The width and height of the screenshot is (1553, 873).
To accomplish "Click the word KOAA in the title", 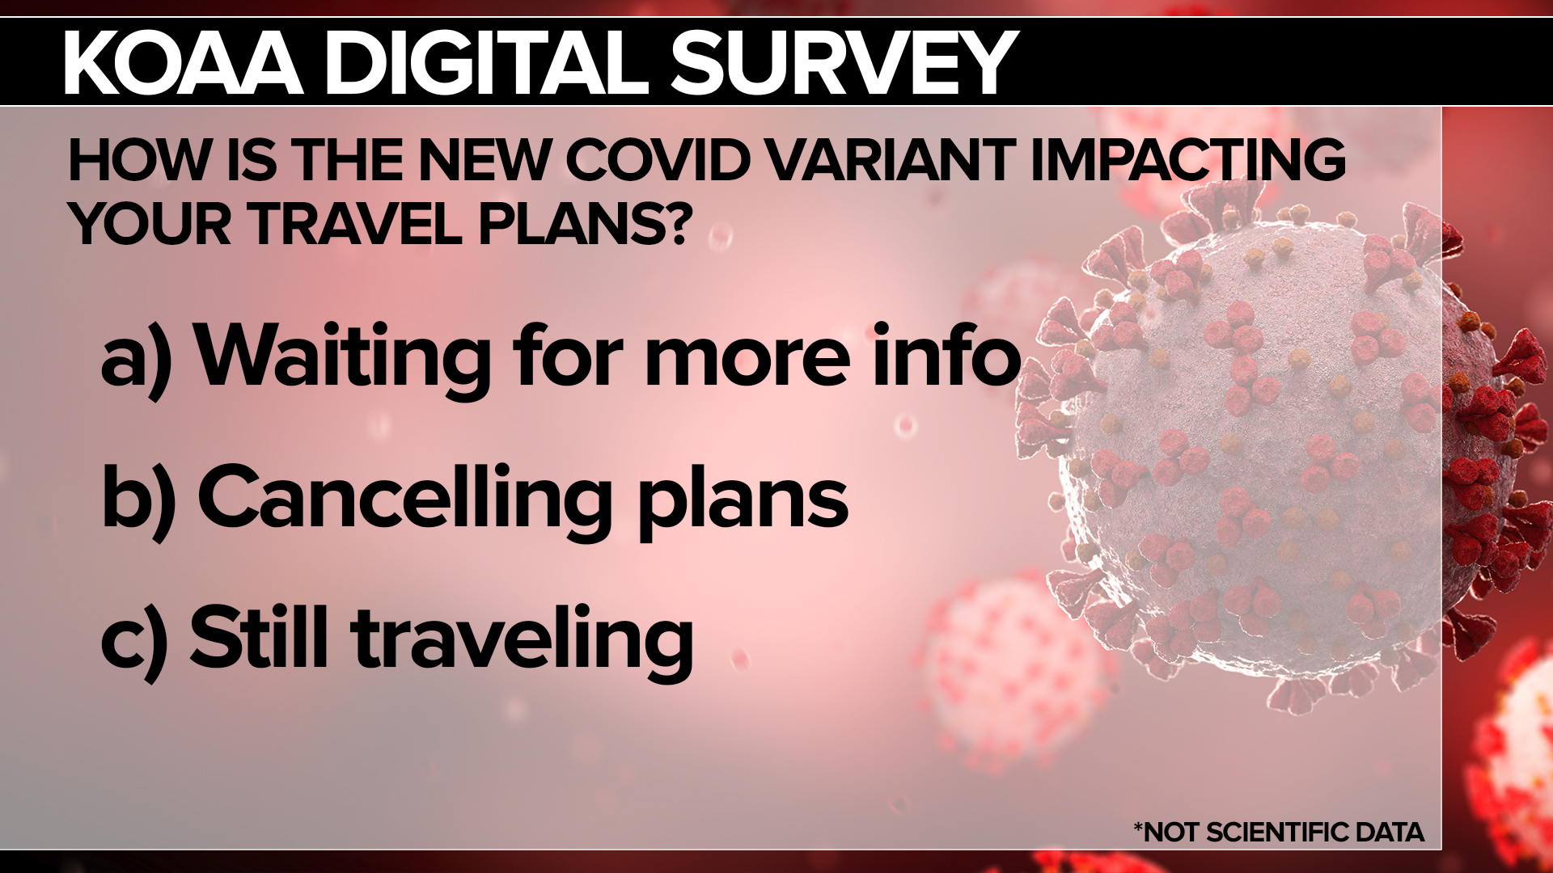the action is tap(184, 62).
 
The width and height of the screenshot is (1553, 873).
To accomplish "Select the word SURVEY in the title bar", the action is tap(844, 62).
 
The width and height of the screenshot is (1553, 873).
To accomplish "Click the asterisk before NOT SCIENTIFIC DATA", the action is tap(1139, 826).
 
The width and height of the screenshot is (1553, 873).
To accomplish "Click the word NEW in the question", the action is tap(483, 160).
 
